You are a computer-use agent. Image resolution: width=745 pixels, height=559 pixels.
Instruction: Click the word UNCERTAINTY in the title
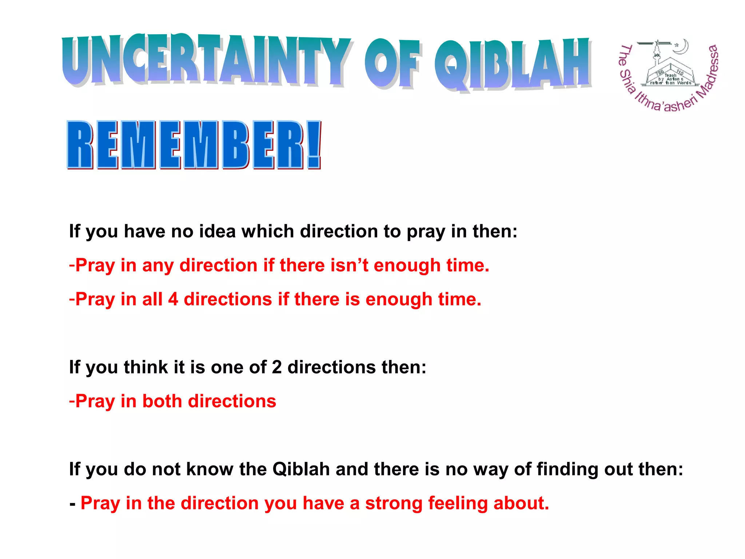206,60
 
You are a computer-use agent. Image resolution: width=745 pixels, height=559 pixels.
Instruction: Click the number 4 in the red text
173,299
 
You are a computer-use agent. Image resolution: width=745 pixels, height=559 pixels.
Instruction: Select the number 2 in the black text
277,367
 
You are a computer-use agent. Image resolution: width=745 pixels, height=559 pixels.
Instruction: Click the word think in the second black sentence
146,367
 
